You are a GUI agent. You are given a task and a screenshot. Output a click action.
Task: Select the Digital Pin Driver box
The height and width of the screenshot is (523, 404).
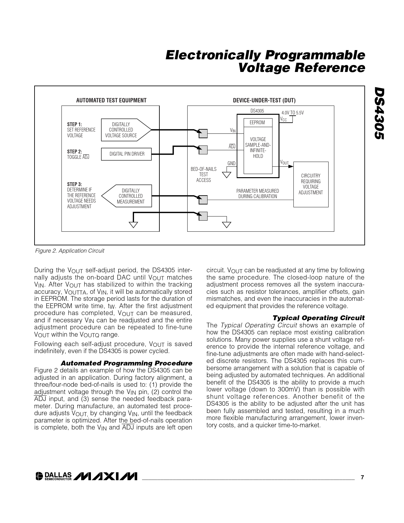[126, 154]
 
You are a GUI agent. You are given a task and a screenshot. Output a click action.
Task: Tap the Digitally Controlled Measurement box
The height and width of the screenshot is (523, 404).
[130, 196]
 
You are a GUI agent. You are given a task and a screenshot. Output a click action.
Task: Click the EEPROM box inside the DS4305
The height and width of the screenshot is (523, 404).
[257, 123]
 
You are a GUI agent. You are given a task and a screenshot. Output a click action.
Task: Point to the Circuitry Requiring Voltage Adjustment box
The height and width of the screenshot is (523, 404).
[311, 184]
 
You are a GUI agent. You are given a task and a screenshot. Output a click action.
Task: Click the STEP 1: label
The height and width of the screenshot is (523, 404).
[74, 124]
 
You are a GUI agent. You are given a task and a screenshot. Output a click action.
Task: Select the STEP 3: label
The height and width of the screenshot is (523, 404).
[74, 184]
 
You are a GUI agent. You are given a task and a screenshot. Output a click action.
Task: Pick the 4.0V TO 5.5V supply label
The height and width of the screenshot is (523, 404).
[292, 113]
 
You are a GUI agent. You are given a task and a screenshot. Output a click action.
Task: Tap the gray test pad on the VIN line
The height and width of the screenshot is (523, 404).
[203, 134]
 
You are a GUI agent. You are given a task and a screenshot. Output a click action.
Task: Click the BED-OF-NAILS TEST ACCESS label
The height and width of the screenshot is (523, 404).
[203, 175]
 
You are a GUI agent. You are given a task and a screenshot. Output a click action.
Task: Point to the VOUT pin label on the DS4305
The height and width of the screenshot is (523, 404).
[284, 163]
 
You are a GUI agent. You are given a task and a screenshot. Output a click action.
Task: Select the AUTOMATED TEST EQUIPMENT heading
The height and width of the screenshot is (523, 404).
[111, 100]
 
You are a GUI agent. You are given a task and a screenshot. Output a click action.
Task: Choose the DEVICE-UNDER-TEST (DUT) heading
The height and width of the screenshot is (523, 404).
[264, 100]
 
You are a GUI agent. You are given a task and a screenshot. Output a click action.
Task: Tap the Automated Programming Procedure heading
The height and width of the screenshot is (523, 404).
[126, 363]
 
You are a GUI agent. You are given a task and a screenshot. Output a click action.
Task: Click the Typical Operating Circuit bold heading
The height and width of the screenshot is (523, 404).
[318, 318]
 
